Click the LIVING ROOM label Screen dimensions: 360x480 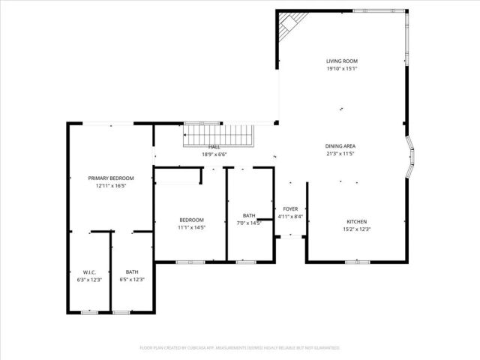[341, 61]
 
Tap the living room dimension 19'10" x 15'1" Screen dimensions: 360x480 [341, 69]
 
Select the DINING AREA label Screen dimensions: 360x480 [340, 145]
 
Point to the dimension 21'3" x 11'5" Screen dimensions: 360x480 [340, 153]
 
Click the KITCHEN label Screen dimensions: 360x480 [356, 221]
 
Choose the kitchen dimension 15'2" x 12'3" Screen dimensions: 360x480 [356, 229]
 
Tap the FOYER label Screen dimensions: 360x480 [289, 210]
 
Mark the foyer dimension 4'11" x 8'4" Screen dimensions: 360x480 [289, 217]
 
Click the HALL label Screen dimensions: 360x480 [214, 147]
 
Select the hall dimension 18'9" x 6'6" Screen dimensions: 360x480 [214, 154]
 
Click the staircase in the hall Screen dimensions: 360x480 [220, 136]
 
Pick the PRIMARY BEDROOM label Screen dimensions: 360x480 [111, 178]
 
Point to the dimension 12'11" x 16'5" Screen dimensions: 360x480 [111, 185]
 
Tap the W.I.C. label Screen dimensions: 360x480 [89, 271]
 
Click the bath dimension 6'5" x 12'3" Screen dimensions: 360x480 [132, 279]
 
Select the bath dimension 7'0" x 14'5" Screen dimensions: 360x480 [249, 223]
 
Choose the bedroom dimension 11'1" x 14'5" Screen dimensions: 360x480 [191, 227]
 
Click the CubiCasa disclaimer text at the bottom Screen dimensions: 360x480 [240, 348]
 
